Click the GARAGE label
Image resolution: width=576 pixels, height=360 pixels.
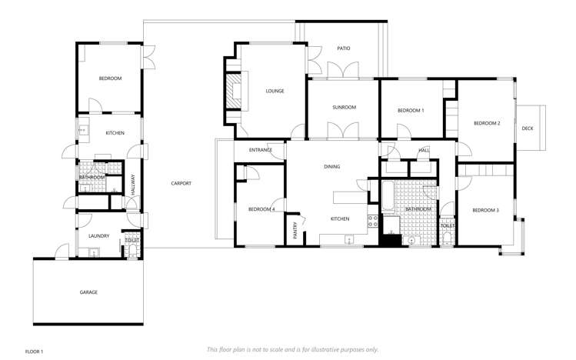pos(89,292)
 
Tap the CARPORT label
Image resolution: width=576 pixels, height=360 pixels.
pos(181,183)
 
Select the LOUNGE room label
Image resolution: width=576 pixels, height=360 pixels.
pos(275,91)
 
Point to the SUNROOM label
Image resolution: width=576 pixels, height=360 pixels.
pos(344,107)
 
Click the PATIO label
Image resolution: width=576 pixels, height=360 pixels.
pos(344,48)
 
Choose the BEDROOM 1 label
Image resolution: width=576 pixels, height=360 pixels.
pos(411,111)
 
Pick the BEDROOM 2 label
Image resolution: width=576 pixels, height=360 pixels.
pos(487,123)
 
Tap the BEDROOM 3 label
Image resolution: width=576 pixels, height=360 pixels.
pos(485,210)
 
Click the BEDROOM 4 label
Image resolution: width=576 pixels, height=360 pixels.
pos(262,209)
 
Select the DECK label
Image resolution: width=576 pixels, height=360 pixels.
pos(527,128)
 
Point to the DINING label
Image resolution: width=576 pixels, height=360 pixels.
pos(331,166)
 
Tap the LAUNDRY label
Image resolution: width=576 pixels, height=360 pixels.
pos(98,236)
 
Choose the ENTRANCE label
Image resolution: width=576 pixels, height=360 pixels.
pos(261,150)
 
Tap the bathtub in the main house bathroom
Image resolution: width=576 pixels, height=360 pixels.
pos(389,196)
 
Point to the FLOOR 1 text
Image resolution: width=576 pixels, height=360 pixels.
pos(35,352)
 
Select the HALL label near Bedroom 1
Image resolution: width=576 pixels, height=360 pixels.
pos(424,150)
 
